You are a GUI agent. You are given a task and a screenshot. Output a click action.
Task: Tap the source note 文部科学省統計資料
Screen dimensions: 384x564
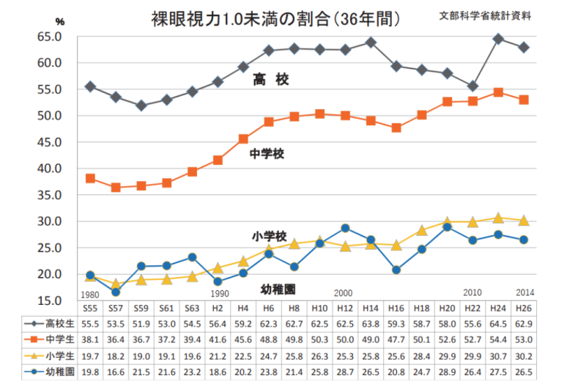click(485, 15)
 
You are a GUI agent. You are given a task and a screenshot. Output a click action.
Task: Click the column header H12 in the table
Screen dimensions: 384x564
click(344, 309)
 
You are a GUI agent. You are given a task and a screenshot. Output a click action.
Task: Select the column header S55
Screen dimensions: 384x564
click(90, 309)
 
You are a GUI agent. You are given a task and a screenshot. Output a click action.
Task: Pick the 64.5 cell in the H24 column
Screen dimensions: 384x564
click(497, 323)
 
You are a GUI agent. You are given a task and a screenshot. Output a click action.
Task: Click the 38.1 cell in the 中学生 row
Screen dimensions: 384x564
click(90, 339)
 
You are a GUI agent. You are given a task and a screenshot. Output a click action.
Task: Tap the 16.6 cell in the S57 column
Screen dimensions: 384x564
click(116, 372)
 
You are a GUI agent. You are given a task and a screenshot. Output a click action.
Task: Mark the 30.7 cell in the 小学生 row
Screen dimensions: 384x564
click(497, 356)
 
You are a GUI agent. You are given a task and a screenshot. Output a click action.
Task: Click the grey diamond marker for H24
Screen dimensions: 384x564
click(498, 39)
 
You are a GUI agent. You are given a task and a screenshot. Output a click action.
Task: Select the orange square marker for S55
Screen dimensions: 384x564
click(90, 178)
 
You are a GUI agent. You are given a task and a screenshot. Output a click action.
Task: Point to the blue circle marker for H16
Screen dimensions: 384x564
click(396, 270)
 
